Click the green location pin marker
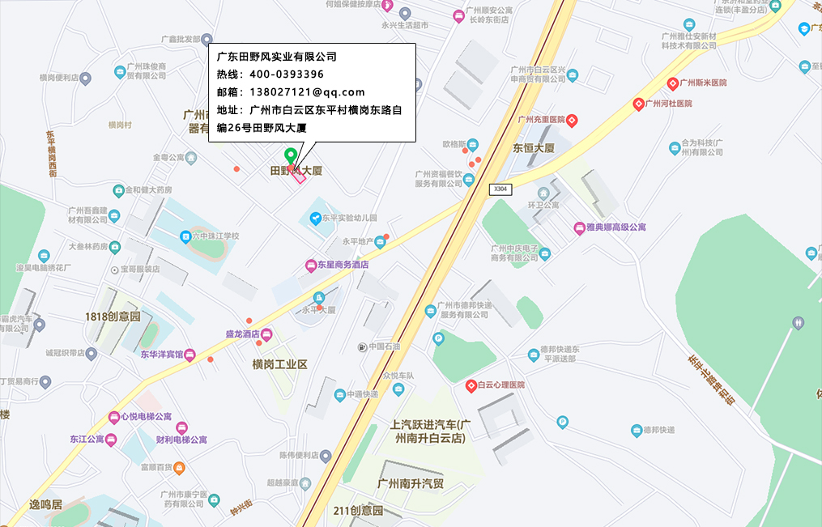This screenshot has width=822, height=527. tap(290, 155)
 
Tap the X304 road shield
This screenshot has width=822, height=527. tap(500, 189)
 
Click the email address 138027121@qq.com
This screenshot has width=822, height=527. tap(307, 92)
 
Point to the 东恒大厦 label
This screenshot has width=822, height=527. tap(533, 148)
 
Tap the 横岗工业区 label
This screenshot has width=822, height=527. tap(279, 365)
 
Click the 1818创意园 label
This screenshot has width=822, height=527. tap(113, 317)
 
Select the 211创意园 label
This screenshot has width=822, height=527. tap(357, 511)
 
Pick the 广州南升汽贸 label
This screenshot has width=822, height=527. tap(411, 484)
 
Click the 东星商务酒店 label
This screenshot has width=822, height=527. tap(343, 265)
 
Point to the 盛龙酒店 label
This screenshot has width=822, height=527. tap(242, 334)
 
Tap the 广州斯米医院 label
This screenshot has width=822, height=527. tap(702, 83)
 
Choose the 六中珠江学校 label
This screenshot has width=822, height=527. tap(215, 236)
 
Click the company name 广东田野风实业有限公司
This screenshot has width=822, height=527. tap(276, 57)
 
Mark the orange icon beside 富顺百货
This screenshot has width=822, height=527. tap(179, 467)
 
